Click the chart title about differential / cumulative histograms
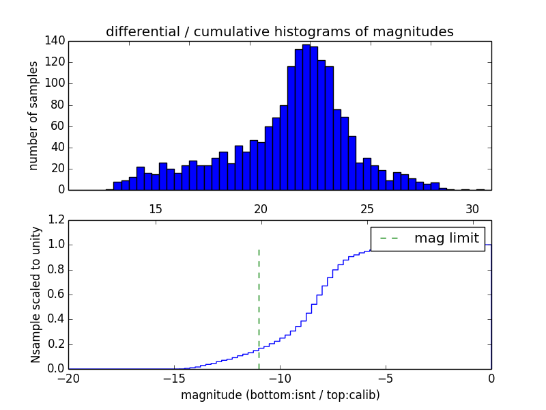tap(279, 31)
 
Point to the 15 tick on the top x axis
tap(155, 208)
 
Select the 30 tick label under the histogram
tap(472, 208)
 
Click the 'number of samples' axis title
tap(33, 115)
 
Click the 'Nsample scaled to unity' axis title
tap(35, 294)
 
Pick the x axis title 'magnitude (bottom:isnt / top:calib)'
tap(280, 395)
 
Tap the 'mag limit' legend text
tap(446, 238)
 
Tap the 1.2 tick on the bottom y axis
tap(57, 220)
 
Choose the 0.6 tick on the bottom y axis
tap(57, 295)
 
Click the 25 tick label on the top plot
tap(367, 208)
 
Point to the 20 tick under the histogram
tap(261, 208)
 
